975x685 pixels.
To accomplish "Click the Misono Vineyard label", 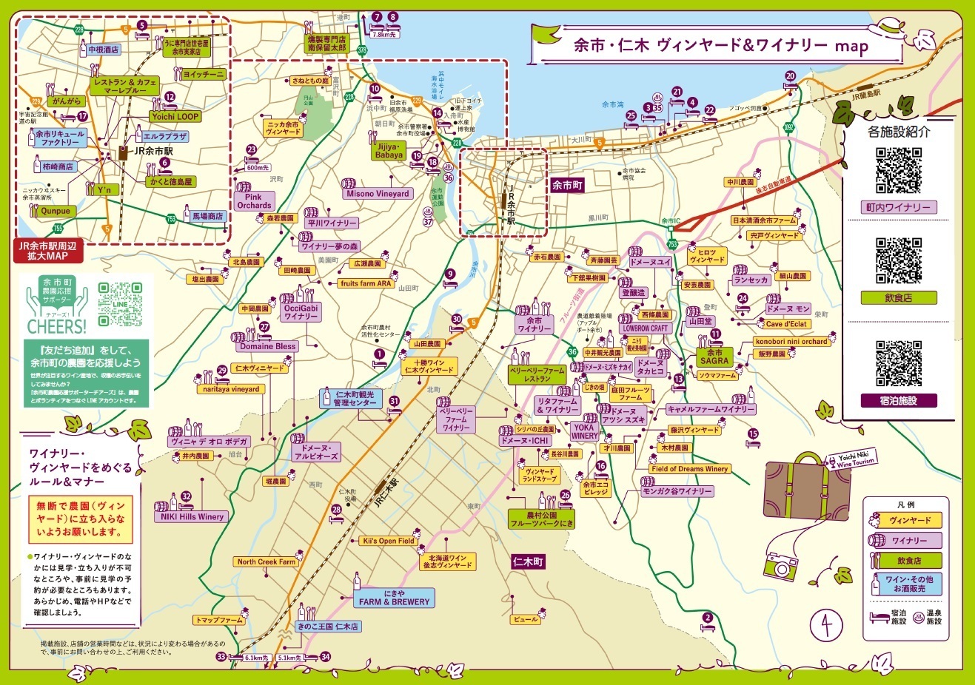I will [x=377, y=194].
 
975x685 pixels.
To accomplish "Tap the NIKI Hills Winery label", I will [x=192, y=517].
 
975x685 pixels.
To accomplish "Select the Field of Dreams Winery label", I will [x=689, y=469].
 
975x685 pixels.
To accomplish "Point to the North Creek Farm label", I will [x=266, y=562].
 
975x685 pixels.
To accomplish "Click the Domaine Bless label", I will [x=267, y=346].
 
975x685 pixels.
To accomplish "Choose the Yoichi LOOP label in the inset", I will [x=175, y=117].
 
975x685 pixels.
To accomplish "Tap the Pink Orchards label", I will [x=253, y=201].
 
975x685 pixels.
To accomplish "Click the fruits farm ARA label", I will [x=366, y=283].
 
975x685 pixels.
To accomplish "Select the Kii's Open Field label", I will [x=388, y=541].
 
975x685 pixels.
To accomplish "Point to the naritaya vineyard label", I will [x=231, y=389].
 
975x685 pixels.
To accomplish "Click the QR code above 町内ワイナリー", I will [x=899, y=171].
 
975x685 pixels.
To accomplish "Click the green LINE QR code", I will [x=120, y=304].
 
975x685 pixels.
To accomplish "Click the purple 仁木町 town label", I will [x=529, y=562].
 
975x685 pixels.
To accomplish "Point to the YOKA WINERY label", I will [x=584, y=432].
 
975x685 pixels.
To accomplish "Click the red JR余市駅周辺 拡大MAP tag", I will [x=49, y=252].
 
